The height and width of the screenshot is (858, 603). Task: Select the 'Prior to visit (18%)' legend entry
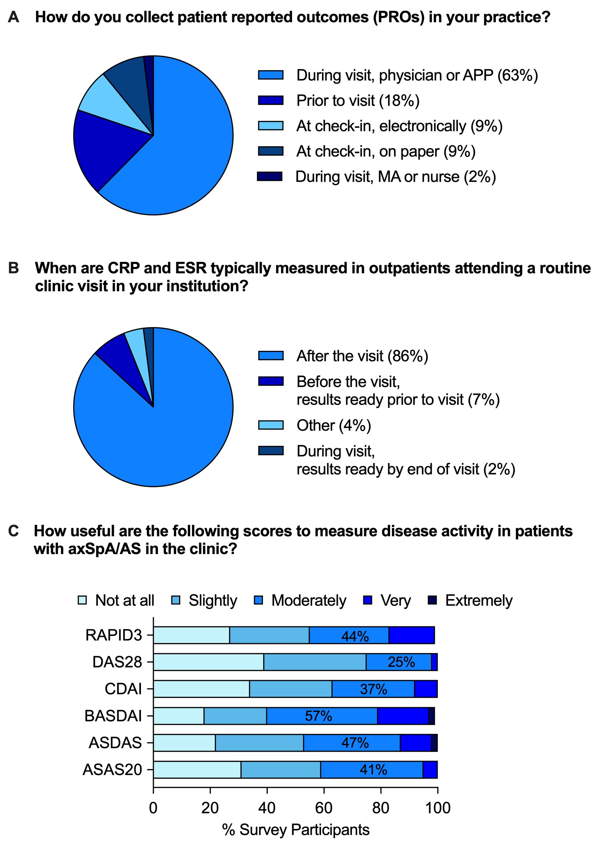358,101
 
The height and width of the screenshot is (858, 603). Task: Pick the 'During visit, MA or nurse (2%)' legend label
395,177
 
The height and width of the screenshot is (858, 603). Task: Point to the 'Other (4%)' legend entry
333,425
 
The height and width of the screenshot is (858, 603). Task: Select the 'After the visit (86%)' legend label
362,356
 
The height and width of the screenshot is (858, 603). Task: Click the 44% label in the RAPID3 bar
355,636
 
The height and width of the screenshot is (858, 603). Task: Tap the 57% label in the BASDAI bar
318,716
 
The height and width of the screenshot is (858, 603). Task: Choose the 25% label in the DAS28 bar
401,662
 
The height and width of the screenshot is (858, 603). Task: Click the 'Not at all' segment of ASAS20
197,770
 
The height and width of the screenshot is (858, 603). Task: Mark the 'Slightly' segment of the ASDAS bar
259,743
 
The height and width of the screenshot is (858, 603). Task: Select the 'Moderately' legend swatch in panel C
259,600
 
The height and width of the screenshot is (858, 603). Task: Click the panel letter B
13,268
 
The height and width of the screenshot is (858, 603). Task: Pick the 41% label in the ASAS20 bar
373,770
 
